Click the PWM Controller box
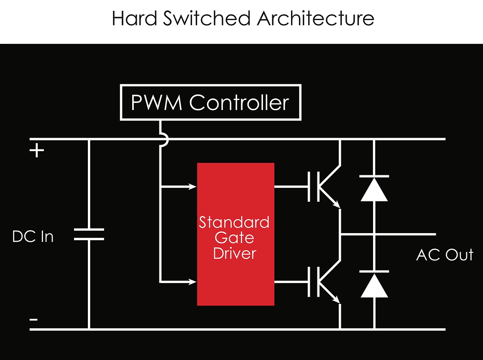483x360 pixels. tap(210, 103)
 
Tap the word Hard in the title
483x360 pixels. tap(135, 18)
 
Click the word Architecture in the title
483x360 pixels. tap(316, 18)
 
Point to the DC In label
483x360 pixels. tap(33, 237)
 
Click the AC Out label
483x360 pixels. tap(445, 255)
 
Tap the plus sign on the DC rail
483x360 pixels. tap(37, 151)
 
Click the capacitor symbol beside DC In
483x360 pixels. tap(89, 234)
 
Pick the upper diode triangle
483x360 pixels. tap(374, 191)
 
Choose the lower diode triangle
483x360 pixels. tap(374, 286)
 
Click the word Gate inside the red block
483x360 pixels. tap(234, 238)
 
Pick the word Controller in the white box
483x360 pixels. tap(239, 103)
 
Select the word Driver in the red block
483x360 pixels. tap(234, 253)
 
